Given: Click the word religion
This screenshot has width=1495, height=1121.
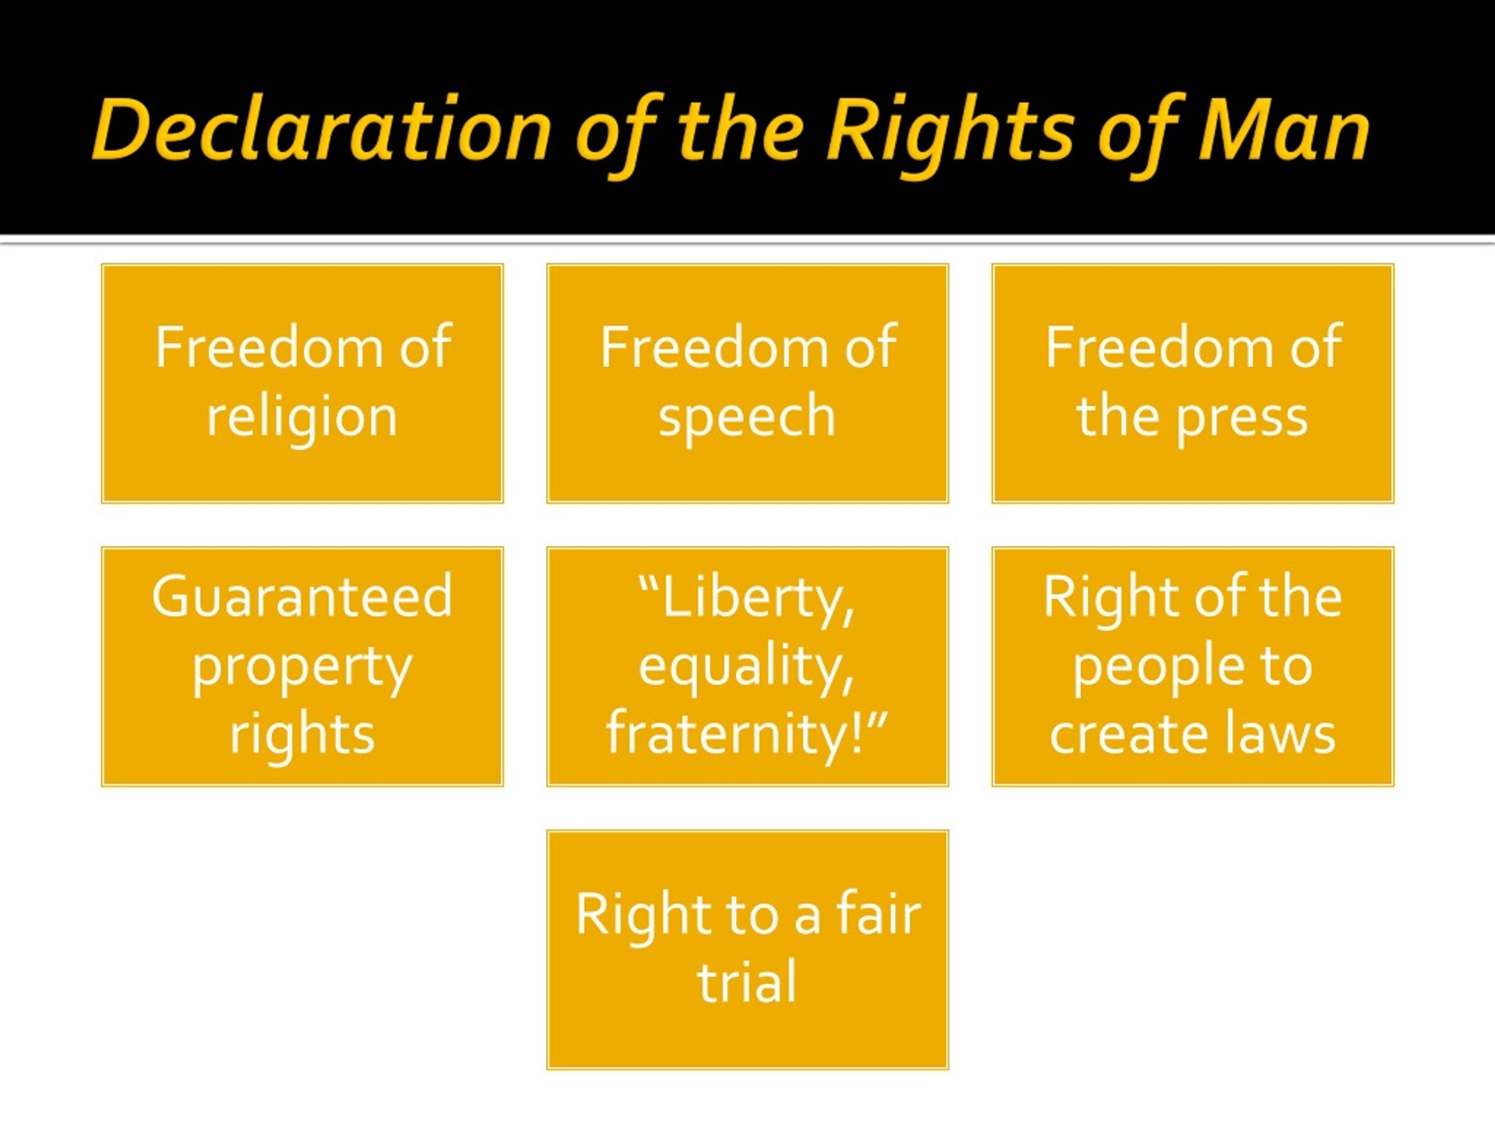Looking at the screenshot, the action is click(301, 418).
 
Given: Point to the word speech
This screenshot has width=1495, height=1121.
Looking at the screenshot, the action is click(747, 418).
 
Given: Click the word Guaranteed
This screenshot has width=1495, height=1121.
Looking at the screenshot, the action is click(301, 596).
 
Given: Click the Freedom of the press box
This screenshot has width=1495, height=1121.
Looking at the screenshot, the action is click(1193, 383).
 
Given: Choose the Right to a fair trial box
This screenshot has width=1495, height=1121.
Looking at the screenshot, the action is click(747, 949).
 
